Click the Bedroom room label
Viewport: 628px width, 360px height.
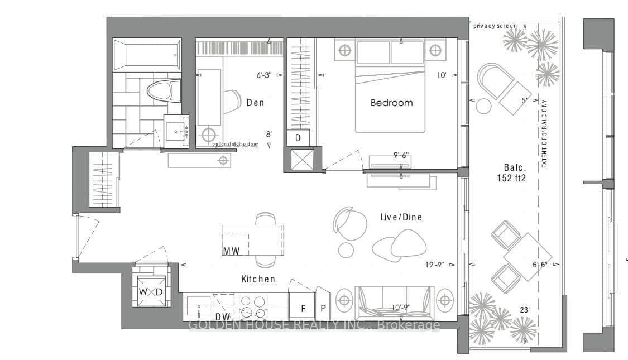tap(391, 103)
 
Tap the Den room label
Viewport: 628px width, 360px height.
tap(255, 103)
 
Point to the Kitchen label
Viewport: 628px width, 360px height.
tap(258, 279)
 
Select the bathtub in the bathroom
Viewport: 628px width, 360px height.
tap(147, 55)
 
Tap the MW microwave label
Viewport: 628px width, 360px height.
tap(231, 251)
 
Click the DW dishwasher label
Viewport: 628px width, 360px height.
tap(223, 316)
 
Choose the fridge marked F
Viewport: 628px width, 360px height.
tap(303, 308)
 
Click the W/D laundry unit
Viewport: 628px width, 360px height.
tap(151, 292)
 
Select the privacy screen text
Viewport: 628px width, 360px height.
tap(495, 26)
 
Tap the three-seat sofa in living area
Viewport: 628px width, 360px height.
tap(395, 301)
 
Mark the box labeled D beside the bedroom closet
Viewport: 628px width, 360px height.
tap(298, 138)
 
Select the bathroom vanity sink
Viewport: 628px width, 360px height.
tap(176, 132)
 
